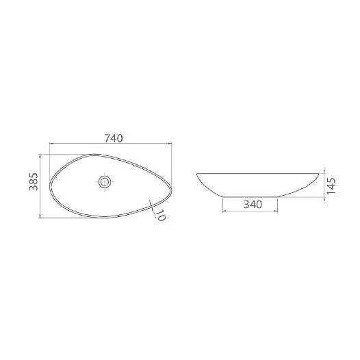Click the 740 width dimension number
[x=114, y=138]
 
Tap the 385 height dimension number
[x=34, y=181]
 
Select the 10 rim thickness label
[x=160, y=216]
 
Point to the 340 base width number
[x=253, y=205]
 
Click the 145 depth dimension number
[x=331, y=186]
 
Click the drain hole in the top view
[x=105, y=182]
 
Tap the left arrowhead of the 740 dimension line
[x=51, y=144]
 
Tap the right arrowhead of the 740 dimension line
[x=170, y=144]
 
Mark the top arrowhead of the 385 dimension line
[x=40, y=155]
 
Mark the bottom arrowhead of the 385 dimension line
[x=40, y=216]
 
